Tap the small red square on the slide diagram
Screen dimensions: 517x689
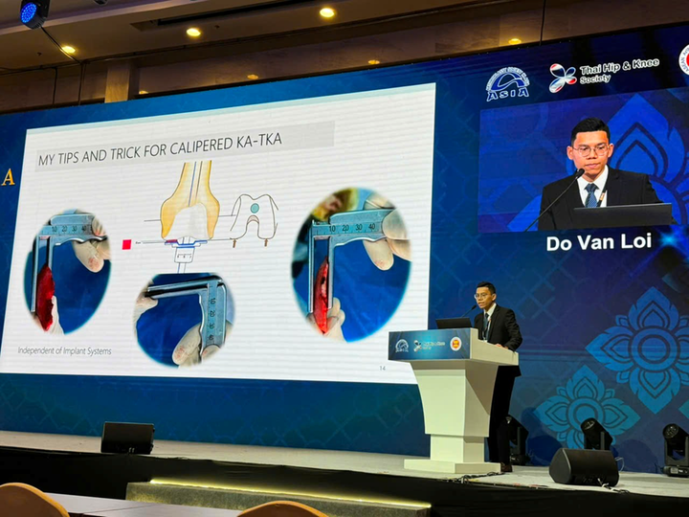(x=126, y=244)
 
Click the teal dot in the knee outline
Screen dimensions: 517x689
(x=254, y=208)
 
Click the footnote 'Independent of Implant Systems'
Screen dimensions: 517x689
(x=65, y=350)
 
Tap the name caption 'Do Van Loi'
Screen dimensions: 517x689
(x=598, y=242)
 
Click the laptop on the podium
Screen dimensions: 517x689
(x=453, y=324)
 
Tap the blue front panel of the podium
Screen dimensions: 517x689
(x=429, y=345)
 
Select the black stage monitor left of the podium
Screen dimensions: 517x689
(x=127, y=438)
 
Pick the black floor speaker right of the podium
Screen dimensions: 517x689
(x=583, y=466)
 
